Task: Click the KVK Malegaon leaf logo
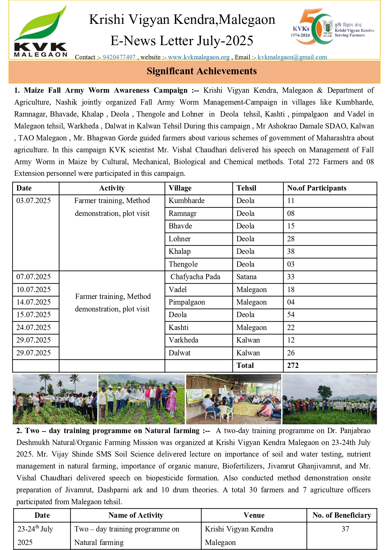coord(40,32)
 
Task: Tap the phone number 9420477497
coord(119,57)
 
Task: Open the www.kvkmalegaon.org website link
coord(199,57)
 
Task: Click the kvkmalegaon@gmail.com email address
coord(292,57)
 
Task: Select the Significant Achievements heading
coord(202,71)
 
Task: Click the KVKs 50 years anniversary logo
coord(332,27)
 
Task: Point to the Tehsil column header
coord(246,188)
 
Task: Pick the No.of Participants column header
coord(317,188)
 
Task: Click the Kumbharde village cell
coord(187,201)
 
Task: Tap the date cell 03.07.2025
coord(34,201)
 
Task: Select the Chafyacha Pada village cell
coord(195,277)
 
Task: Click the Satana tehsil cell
coord(246,277)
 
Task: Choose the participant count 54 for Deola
coord(291,315)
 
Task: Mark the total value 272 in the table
coord(293,365)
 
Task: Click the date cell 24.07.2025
coord(34,327)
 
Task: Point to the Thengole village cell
coord(183,264)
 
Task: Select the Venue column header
coord(254,515)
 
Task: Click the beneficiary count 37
coord(345,529)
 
